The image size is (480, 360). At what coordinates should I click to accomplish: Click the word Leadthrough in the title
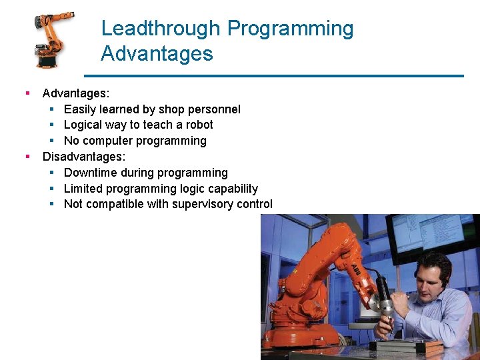pyautogui.click(x=161, y=29)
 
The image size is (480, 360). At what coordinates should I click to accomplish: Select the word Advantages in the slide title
pyautogui.click(x=157, y=53)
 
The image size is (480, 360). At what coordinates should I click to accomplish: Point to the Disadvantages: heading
pyautogui.click(x=83, y=157)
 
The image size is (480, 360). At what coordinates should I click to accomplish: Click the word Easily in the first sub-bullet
pyautogui.click(x=80, y=109)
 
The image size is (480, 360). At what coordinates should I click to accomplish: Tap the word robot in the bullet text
pyautogui.click(x=199, y=125)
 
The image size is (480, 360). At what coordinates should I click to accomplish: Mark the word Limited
pyautogui.click(x=84, y=189)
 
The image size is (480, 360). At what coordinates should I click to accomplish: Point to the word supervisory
pyautogui.click(x=203, y=204)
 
